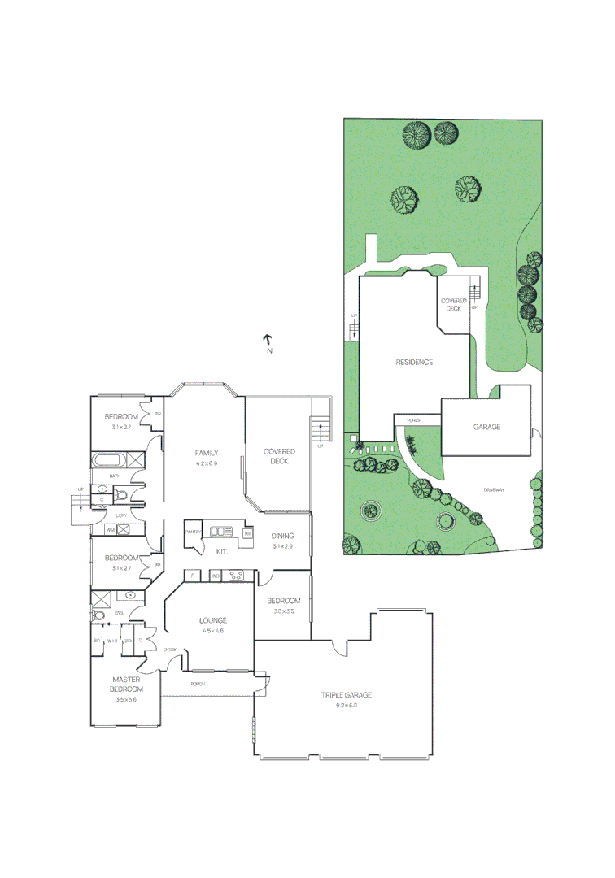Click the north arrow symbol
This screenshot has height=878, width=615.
click(x=268, y=339)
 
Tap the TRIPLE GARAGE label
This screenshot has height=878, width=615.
click(x=346, y=695)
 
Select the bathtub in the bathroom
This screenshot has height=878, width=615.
click(x=105, y=461)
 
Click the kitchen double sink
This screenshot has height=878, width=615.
click(x=220, y=532)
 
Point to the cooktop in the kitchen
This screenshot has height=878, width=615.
click(x=238, y=576)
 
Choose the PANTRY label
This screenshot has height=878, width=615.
click(x=193, y=532)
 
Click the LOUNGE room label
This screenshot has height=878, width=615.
click(x=212, y=620)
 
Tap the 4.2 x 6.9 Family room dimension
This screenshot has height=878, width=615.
click(x=207, y=463)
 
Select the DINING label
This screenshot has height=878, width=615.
click(x=282, y=536)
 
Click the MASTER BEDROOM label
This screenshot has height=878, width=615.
click(x=126, y=684)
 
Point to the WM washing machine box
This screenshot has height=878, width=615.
click(x=110, y=530)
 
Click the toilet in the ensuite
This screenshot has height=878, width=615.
click(x=98, y=616)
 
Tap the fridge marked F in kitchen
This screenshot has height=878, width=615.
click(x=192, y=576)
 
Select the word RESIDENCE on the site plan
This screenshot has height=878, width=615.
click(x=414, y=363)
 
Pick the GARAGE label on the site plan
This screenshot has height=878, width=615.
click(x=486, y=427)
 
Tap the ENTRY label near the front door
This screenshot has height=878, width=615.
click(x=170, y=650)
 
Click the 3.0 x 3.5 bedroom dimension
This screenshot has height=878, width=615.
click(x=282, y=611)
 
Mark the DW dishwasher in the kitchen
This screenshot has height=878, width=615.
click(x=247, y=533)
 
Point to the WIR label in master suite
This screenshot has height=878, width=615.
click(x=112, y=641)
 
